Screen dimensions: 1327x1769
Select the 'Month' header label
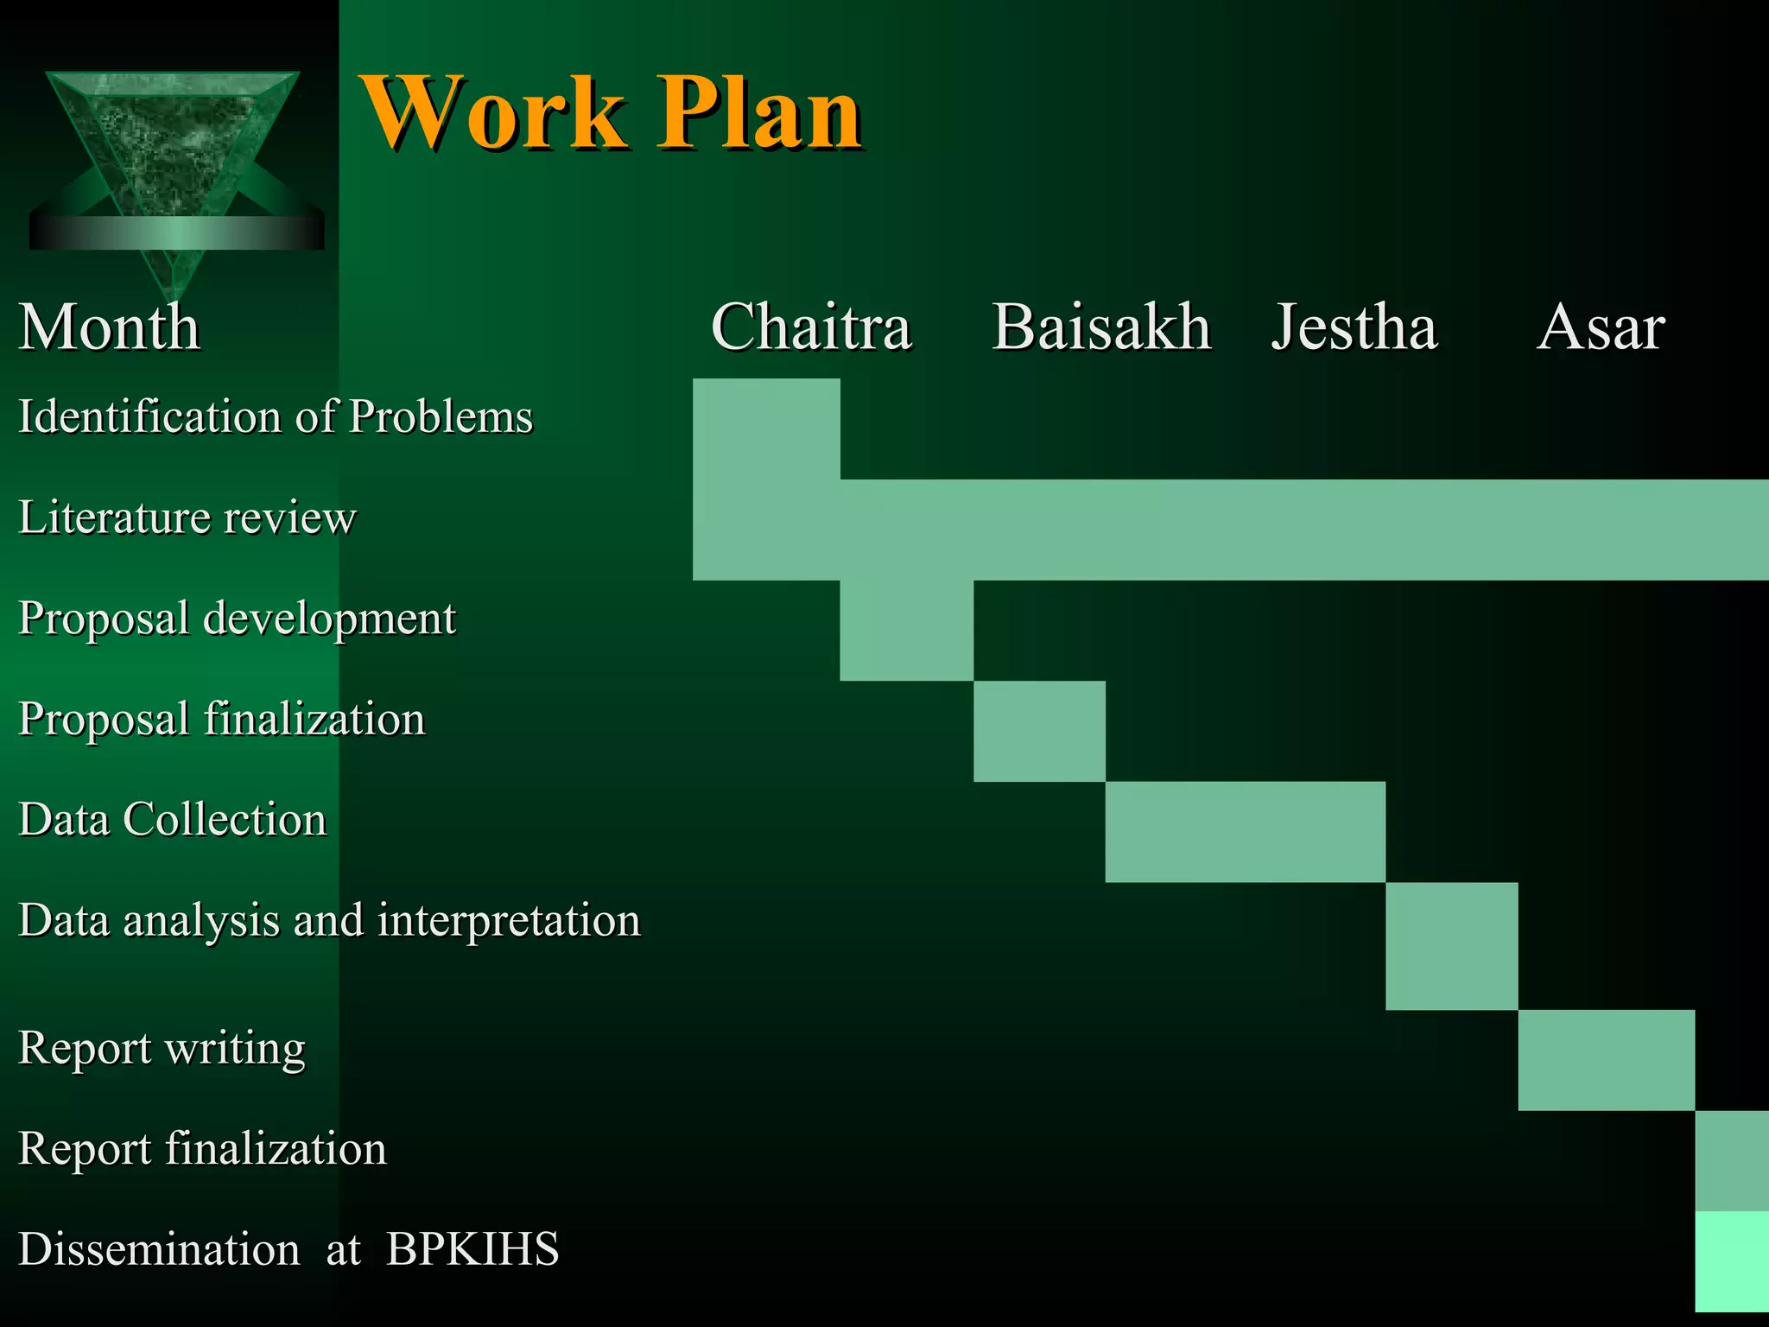(x=110, y=327)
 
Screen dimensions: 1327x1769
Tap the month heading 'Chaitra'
(x=811, y=327)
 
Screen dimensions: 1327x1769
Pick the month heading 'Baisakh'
(x=1101, y=327)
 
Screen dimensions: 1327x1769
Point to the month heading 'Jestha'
(x=1354, y=327)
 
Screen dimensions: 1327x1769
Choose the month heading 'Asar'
(x=1601, y=327)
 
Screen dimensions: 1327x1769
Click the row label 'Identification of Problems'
(x=276, y=416)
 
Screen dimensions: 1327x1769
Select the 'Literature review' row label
(x=187, y=517)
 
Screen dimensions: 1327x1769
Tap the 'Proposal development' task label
(x=237, y=619)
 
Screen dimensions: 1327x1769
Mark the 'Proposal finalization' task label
(x=222, y=719)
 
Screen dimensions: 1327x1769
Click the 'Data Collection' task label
(x=173, y=819)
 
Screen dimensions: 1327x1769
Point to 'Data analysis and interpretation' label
(x=329, y=920)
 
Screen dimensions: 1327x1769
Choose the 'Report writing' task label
(x=162, y=1048)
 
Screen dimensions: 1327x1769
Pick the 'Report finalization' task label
(x=202, y=1149)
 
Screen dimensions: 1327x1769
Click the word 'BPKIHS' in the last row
(x=472, y=1249)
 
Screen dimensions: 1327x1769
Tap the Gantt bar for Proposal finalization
(x=1039, y=731)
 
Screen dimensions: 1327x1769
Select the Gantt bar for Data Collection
(x=1245, y=831)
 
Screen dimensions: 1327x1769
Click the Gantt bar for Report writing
(x=1606, y=1059)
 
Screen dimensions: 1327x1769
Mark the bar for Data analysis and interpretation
(x=1451, y=945)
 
